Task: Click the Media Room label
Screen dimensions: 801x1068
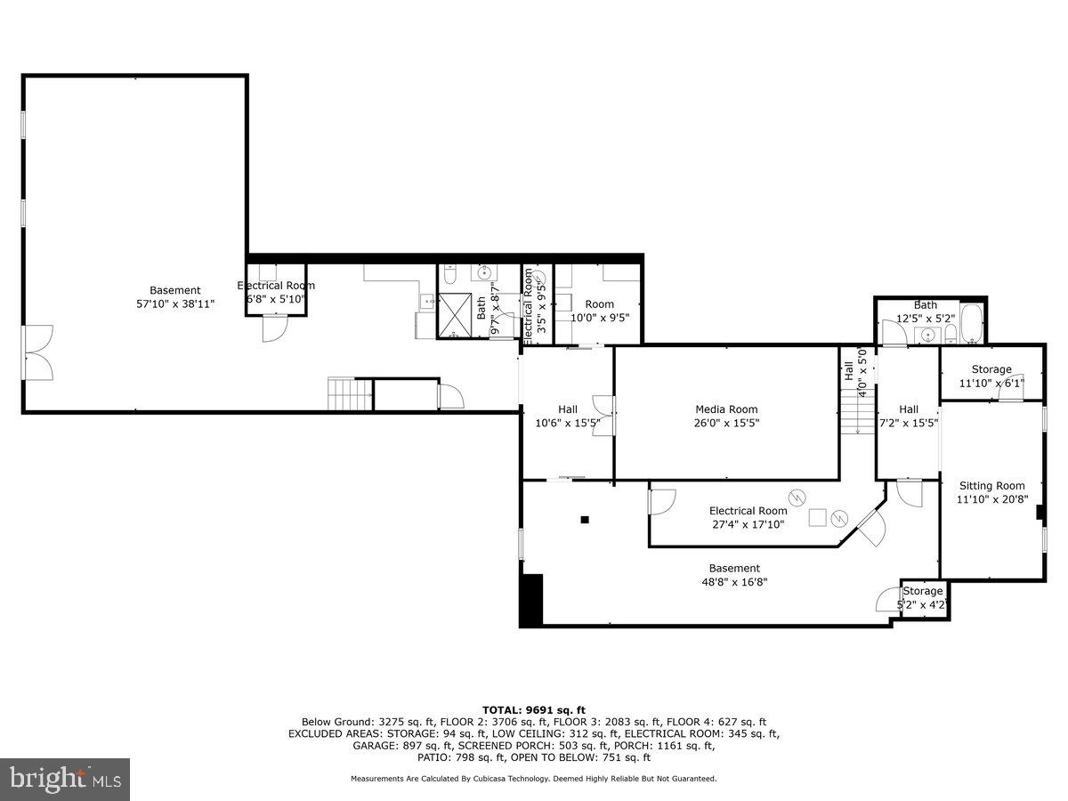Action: point(726,409)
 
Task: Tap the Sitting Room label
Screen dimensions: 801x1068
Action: point(991,486)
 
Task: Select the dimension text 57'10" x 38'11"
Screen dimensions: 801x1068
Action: point(174,304)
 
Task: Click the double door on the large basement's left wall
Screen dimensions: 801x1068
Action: point(38,352)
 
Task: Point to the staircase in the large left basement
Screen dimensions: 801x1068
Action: point(350,393)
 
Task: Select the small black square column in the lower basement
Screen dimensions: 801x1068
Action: point(585,520)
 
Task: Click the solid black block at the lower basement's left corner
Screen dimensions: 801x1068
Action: point(531,600)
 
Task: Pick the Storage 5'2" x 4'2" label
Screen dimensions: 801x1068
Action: point(922,591)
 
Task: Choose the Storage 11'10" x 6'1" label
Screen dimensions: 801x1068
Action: point(991,369)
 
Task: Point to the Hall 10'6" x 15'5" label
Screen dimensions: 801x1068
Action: point(567,409)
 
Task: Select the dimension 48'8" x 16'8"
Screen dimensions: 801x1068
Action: point(734,582)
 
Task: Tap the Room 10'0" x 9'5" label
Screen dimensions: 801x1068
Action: point(599,304)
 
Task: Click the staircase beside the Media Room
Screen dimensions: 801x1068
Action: point(857,413)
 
